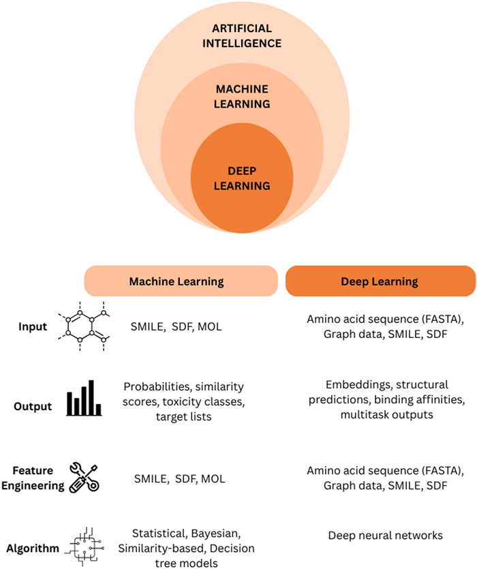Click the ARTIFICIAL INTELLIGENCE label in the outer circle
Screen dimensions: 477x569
[x=242, y=36]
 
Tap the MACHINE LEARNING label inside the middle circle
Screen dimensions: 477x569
[x=242, y=97]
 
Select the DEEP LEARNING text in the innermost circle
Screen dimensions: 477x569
[x=242, y=179]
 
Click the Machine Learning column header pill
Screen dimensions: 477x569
[x=181, y=281]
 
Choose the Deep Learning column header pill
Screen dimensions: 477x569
[x=380, y=281]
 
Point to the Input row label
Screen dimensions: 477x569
[x=33, y=326]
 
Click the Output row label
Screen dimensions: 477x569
[x=33, y=406]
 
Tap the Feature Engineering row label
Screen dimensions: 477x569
[x=33, y=478]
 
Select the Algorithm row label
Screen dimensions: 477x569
[x=33, y=549]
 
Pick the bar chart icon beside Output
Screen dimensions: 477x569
[x=84, y=398]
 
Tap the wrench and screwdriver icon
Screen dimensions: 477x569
[x=84, y=478]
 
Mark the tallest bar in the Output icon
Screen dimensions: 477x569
[x=91, y=397]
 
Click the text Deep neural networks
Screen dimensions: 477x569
[x=386, y=535]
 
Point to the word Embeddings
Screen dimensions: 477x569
[x=358, y=384]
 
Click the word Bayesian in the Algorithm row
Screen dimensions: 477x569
[x=215, y=534]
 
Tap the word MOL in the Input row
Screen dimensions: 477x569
[x=210, y=326]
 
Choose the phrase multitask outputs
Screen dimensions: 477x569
[x=387, y=414]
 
